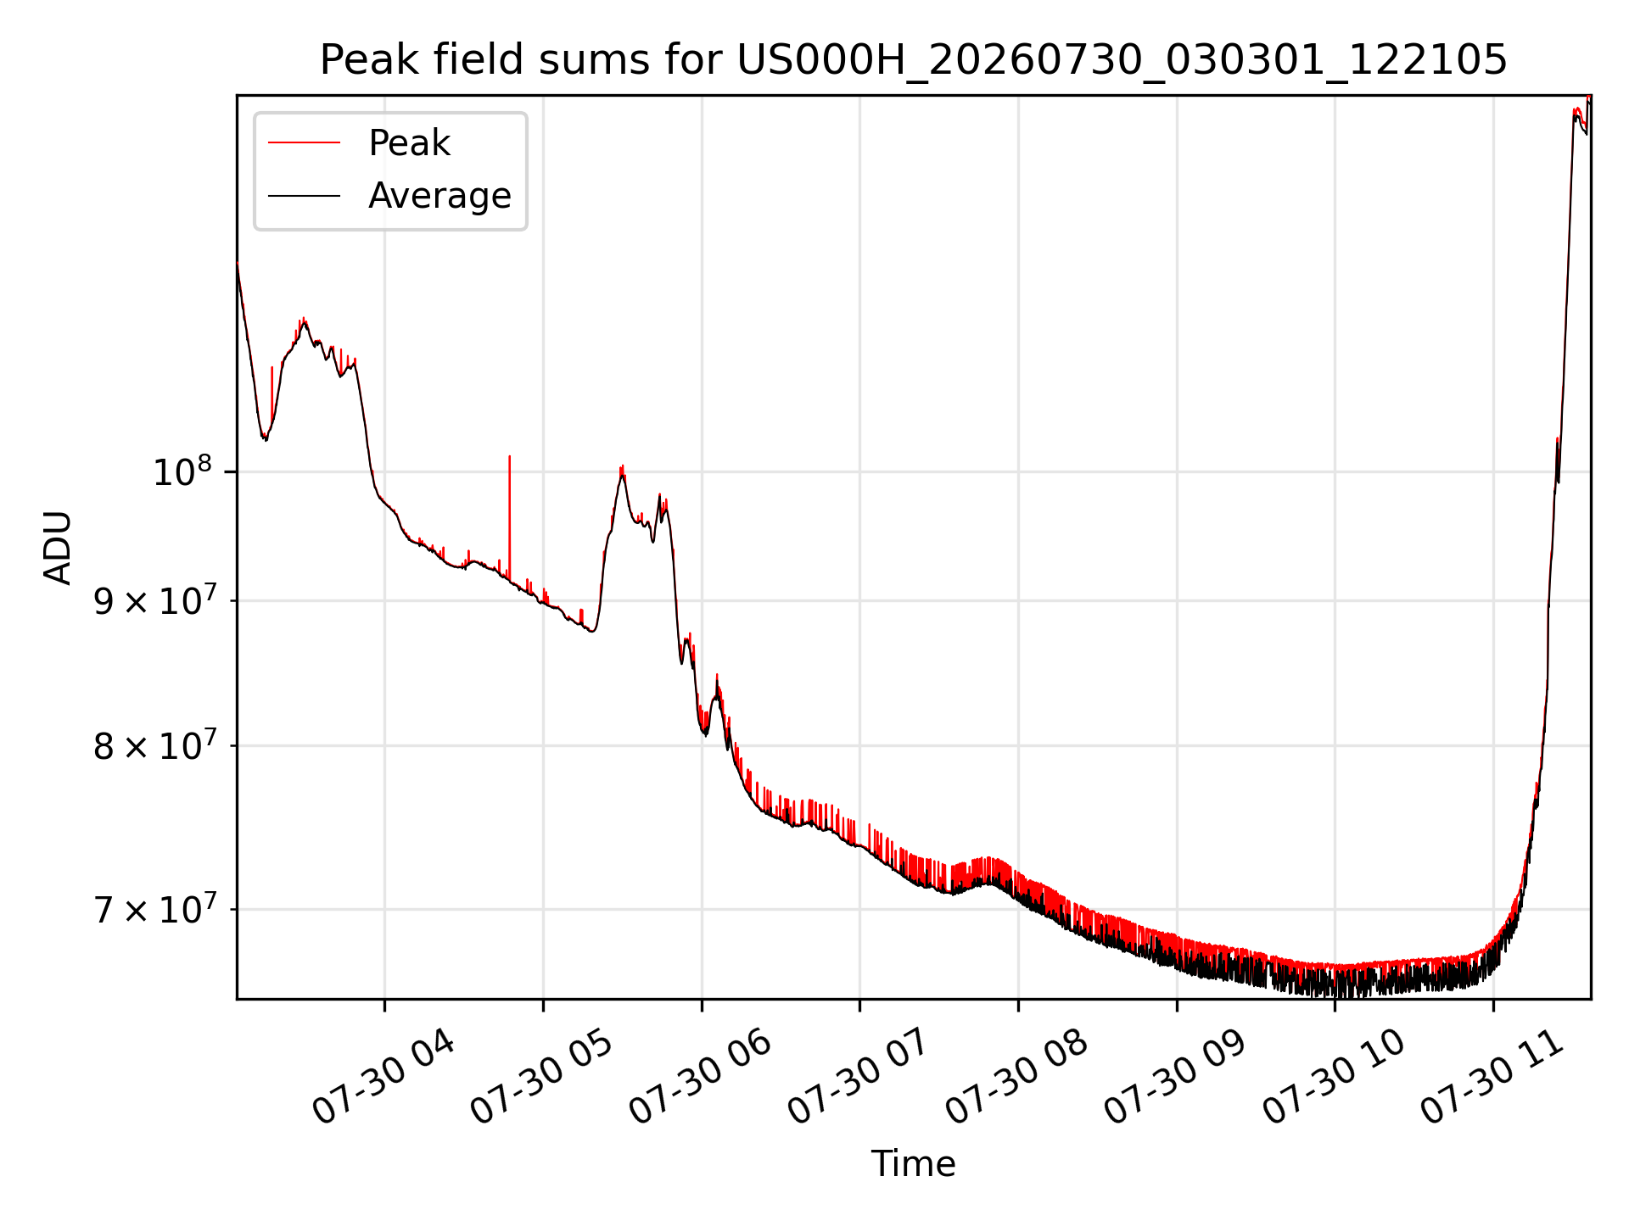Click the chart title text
913,60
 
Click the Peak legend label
409,143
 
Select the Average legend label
439,196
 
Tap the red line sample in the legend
304,143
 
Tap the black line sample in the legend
304,196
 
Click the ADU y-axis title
58,548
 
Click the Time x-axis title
913,1164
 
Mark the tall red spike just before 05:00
509,517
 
